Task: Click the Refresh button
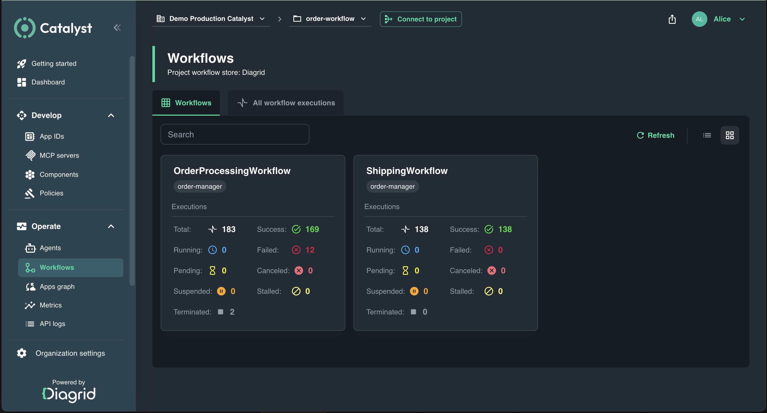click(x=655, y=135)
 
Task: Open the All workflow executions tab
click(x=286, y=103)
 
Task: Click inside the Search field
click(x=235, y=134)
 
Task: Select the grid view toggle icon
click(x=730, y=135)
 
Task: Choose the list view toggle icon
click(x=707, y=135)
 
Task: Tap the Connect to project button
click(x=421, y=19)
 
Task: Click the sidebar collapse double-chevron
click(x=117, y=28)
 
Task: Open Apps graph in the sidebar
click(x=57, y=287)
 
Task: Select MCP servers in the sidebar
click(x=59, y=155)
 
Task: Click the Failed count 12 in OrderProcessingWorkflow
click(x=310, y=250)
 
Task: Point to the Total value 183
click(x=229, y=229)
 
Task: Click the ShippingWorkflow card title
click(x=407, y=171)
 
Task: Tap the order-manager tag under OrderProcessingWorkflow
click(x=200, y=186)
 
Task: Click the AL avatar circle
click(x=699, y=19)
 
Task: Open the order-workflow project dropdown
click(x=330, y=19)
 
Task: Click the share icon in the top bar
click(x=672, y=19)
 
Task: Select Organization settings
click(x=61, y=353)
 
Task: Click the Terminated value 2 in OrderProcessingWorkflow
click(x=232, y=312)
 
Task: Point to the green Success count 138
click(x=505, y=229)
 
